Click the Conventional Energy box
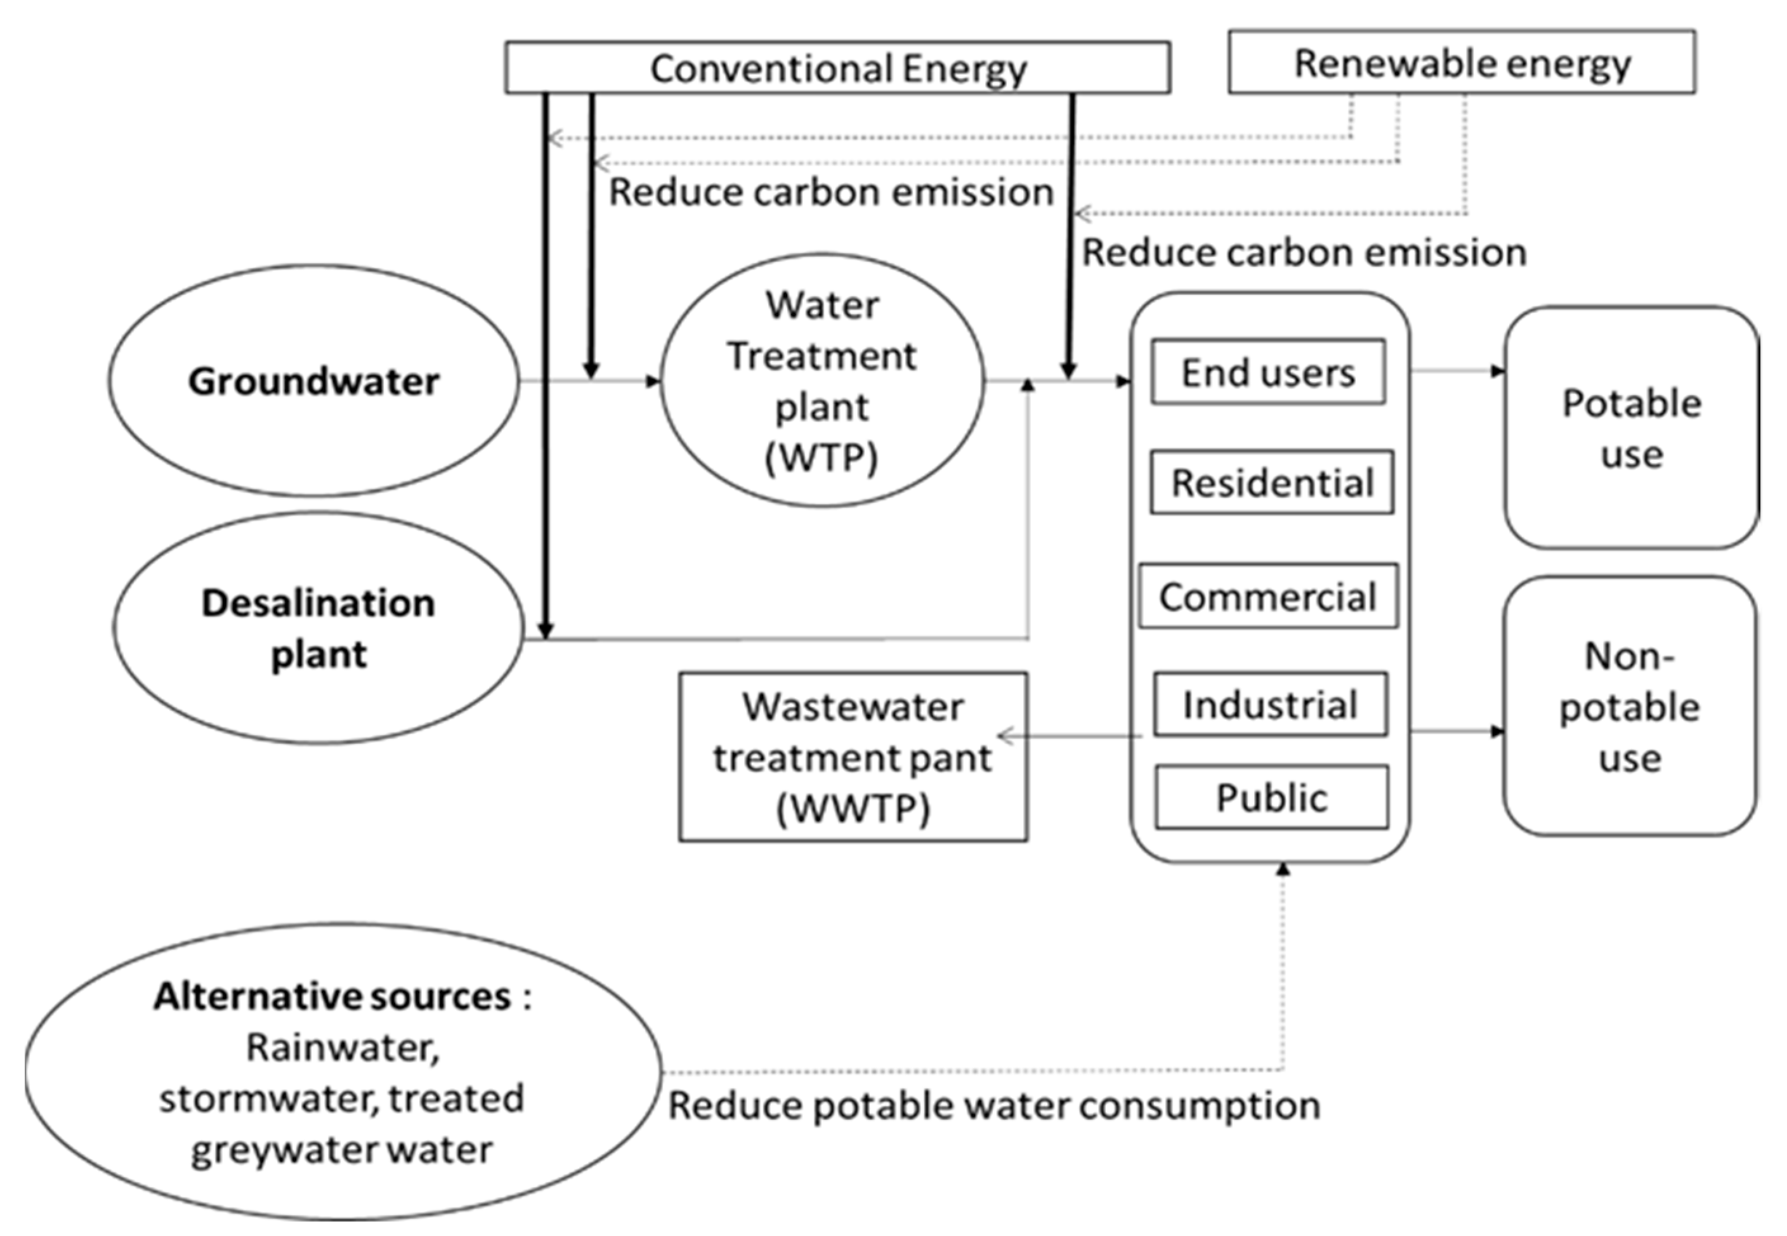click(837, 68)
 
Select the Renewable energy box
click(1461, 63)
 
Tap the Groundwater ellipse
click(314, 381)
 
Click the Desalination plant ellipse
click(318, 628)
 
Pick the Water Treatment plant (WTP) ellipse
click(822, 381)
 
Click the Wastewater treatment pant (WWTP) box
click(853, 757)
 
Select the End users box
click(1267, 372)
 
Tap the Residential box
click(1271, 483)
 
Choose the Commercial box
click(1267, 596)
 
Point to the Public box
click(1271, 798)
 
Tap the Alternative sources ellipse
click(343, 1072)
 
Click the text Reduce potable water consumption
click(994, 1105)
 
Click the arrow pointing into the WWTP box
click(1069, 736)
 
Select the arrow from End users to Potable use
click(1456, 372)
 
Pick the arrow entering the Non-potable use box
click(1456, 731)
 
